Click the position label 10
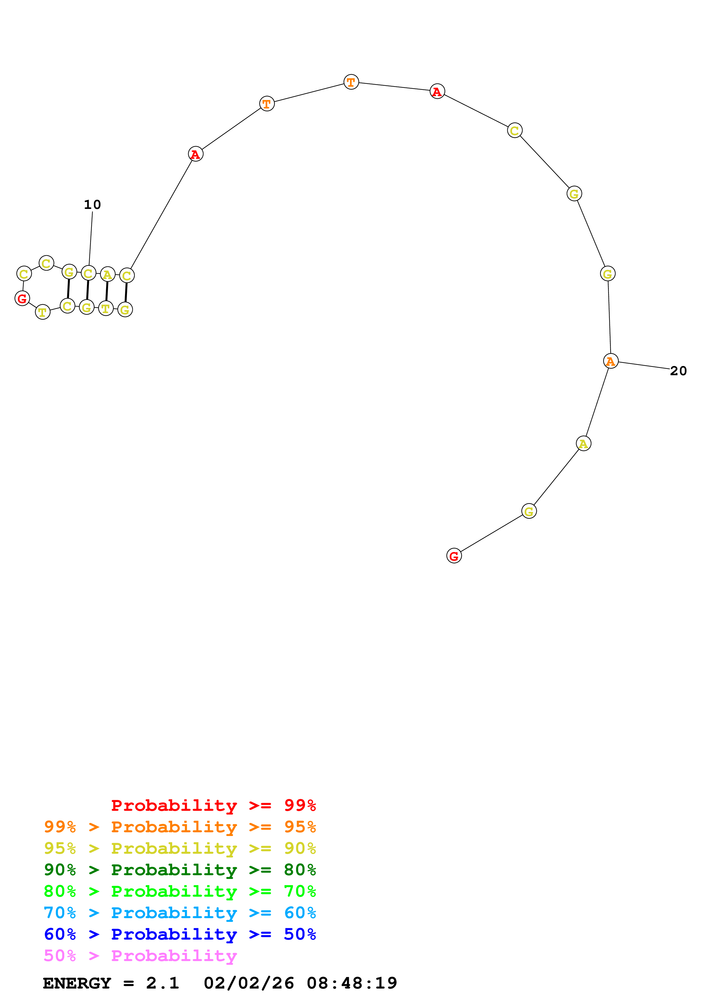coord(92,205)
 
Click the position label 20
coord(678,371)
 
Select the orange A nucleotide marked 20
coord(610,361)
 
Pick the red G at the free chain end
coord(454,556)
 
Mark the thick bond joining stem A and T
coord(107,291)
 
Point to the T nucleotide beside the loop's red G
coord(42,312)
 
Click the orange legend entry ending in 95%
coord(180,827)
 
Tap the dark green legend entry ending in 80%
coord(180,870)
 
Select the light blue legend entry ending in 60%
coord(180,913)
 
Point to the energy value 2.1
coord(162,983)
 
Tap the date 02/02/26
coord(249,983)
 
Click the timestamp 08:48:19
coord(352,983)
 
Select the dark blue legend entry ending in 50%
coord(180,934)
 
